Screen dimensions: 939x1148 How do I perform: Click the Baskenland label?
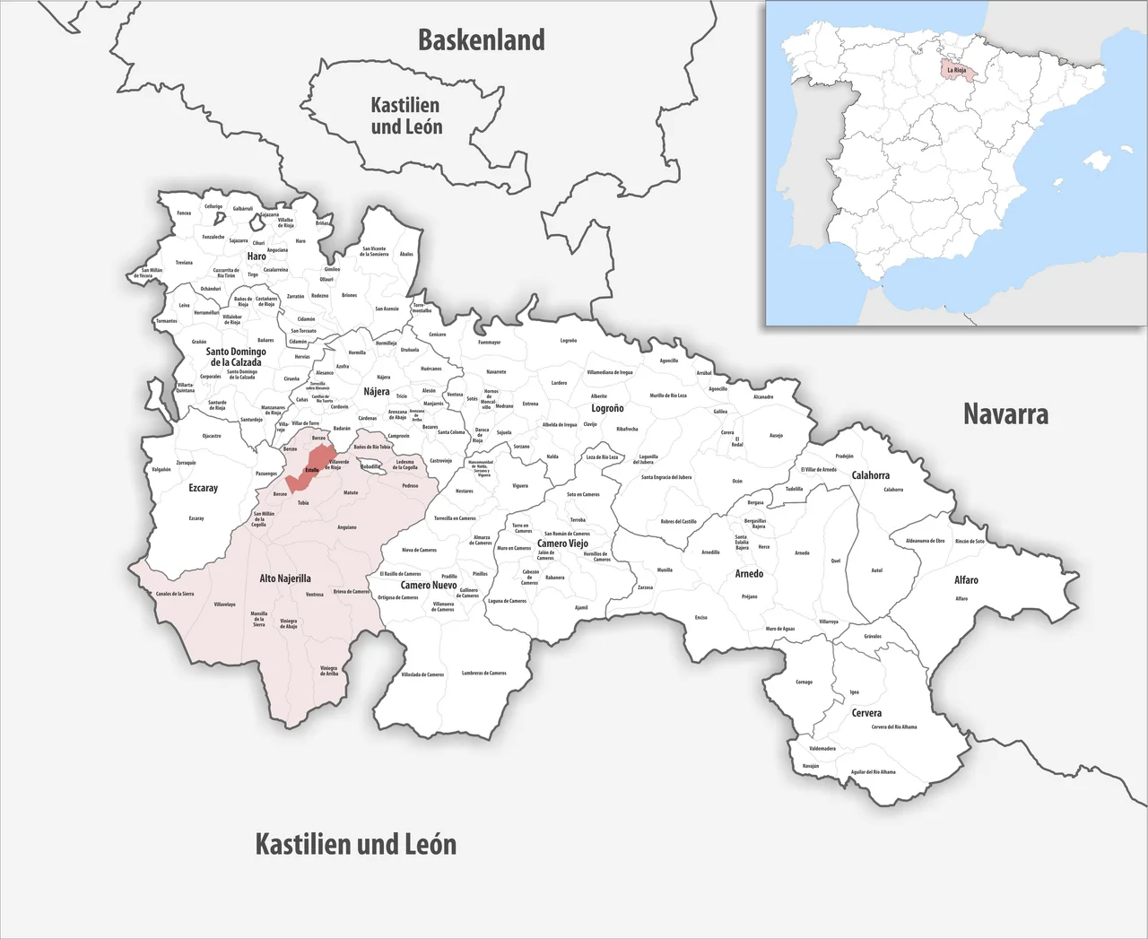(482, 40)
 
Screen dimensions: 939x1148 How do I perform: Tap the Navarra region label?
(1005, 413)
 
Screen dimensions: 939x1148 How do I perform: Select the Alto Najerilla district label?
(285, 578)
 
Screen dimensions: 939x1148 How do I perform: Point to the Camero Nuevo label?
(429, 585)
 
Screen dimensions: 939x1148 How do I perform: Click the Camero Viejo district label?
(562, 543)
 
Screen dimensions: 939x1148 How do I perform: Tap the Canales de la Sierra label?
(175, 594)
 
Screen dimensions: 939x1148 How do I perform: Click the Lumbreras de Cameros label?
(484, 673)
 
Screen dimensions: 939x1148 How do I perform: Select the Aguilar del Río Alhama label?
(873, 771)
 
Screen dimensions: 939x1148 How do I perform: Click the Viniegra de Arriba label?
(329, 670)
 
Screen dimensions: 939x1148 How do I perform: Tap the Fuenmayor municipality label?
(490, 342)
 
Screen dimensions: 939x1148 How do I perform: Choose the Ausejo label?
(776, 436)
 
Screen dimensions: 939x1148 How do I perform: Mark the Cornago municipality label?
(804, 682)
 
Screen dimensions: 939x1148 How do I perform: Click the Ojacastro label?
(212, 436)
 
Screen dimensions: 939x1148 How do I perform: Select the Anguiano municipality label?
(346, 527)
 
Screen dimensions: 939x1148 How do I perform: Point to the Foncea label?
(184, 213)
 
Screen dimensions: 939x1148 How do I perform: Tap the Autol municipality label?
(877, 570)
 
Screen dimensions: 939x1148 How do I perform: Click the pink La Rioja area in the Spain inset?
(956, 69)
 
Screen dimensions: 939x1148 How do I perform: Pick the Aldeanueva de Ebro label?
(926, 541)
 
